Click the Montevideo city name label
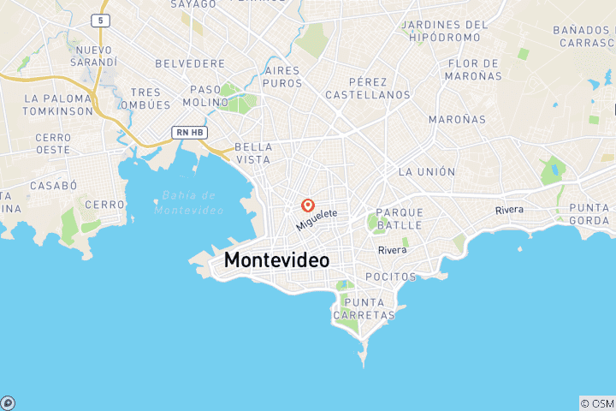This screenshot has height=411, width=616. point(276,260)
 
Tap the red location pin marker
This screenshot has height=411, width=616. point(307,205)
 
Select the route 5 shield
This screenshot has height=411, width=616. point(102,19)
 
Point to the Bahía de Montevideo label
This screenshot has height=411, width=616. point(189,203)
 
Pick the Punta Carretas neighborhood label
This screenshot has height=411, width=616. point(367,308)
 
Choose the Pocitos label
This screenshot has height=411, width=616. point(390,277)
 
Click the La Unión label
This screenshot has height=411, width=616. point(427,171)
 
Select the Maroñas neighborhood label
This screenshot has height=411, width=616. point(456,119)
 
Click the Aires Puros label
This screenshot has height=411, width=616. point(283,76)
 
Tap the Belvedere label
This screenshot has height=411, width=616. point(190,63)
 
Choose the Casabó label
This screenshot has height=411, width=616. point(53,185)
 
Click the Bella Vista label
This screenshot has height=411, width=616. point(252,153)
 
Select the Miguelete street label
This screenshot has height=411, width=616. point(317,219)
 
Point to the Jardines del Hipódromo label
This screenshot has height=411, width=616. point(444,31)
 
